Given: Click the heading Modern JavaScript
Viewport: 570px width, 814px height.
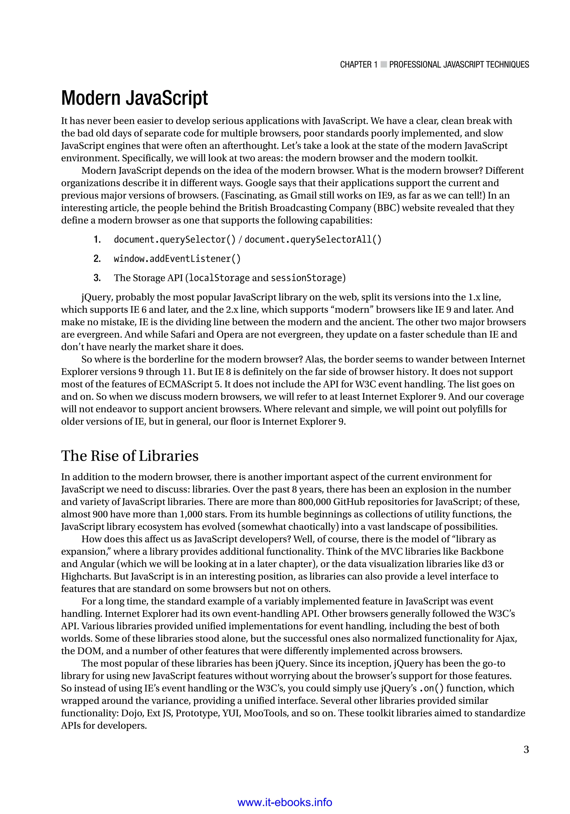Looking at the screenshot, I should coord(134,98).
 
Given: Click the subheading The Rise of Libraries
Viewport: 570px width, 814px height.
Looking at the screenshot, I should coord(129,456).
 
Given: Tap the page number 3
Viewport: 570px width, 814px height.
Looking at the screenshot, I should coord(526,749).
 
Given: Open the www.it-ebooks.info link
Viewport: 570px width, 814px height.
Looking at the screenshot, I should coord(284,802).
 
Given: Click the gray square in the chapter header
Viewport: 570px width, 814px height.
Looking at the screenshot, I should coord(384,65).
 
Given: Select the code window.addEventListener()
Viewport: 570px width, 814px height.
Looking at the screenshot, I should coord(177,259).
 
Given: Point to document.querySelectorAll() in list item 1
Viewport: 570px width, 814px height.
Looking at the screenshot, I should coord(313,240).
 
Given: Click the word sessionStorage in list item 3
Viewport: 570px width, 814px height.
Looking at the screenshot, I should coord(306,278).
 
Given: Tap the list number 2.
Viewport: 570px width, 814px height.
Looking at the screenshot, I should coord(97,259).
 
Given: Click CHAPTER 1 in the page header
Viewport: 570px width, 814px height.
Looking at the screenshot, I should coord(358,65).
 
